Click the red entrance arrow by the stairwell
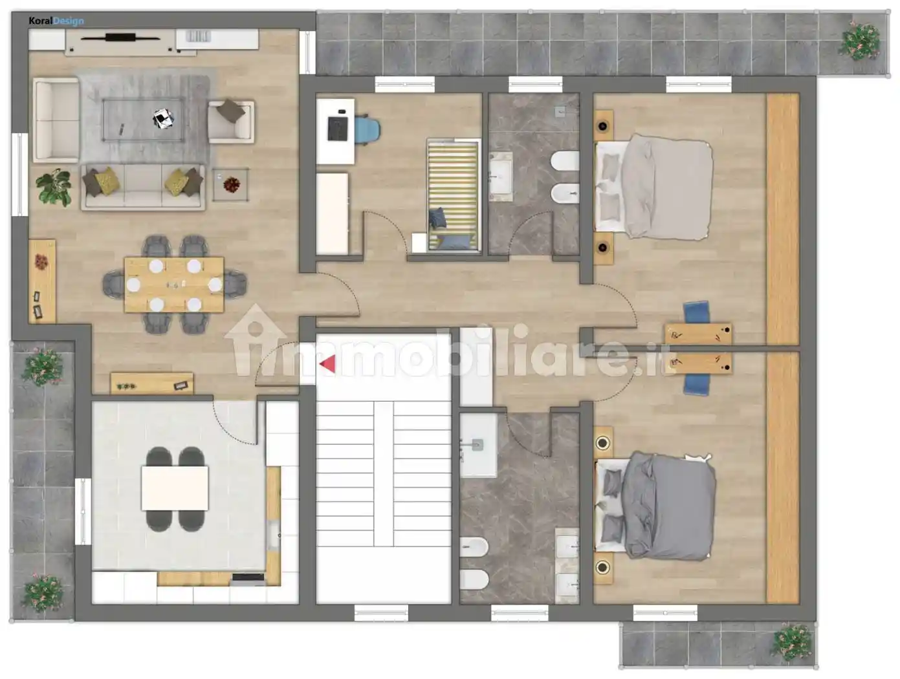pyautogui.click(x=329, y=364)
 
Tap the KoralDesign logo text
pyautogui.click(x=56, y=21)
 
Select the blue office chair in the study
pyautogui.click(x=367, y=129)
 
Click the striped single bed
pyautogui.click(x=453, y=195)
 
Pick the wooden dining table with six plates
pyautogui.click(x=174, y=285)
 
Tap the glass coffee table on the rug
pyautogui.click(x=143, y=120)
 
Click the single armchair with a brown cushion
pyautogui.click(x=231, y=122)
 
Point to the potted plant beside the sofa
pyautogui.click(x=54, y=188)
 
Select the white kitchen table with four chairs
pyautogui.click(x=175, y=489)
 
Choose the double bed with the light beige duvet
pyautogui.click(x=653, y=186)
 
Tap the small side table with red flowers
pyautogui.click(x=230, y=184)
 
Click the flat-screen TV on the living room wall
pyautogui.click(x=120, y=38)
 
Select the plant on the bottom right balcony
pyautogui.click(x=792, y=643)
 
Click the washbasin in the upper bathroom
pyautogui.click(x=501, y=177)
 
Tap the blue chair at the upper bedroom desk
pyautogui.click(x=697, y=312)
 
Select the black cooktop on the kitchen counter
pyautogui.click(x=248, y=577)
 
